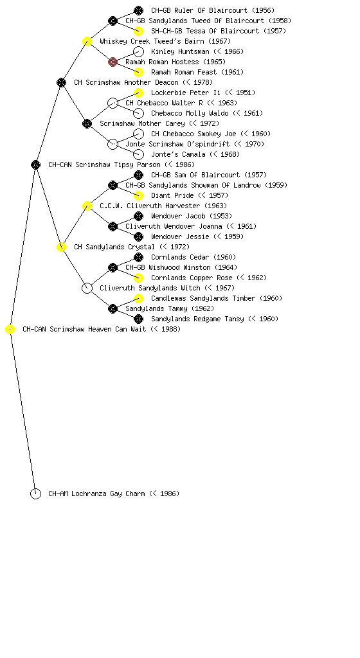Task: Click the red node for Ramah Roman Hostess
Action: coord(113,62)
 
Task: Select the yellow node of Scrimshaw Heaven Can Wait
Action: coord(10,330)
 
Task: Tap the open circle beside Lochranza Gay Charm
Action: coord(35,494)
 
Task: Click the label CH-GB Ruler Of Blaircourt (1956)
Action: coord(213,10)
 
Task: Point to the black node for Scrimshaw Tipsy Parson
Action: coord(35,165)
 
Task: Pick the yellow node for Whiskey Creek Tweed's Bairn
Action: coord(87,42)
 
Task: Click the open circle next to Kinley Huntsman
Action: coord(138,51)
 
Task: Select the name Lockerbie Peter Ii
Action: coord(186,93)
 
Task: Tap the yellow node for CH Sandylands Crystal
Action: coord(61,247)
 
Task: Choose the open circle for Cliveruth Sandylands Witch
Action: coord(87,289)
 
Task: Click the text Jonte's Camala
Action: coord(178,154)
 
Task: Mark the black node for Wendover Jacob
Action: coord(138,216)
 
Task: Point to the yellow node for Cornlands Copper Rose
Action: coord(138,278)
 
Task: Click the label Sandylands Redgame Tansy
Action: coord(197,319)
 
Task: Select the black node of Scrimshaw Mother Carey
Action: coord(87,124)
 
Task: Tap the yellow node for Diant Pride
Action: coord(138,195)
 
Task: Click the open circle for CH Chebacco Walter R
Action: coord(113,103)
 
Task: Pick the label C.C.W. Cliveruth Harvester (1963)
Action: coord(163,206)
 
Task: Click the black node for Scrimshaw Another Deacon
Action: coord(61,83)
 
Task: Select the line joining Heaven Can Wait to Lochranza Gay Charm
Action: coord(22,412)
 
